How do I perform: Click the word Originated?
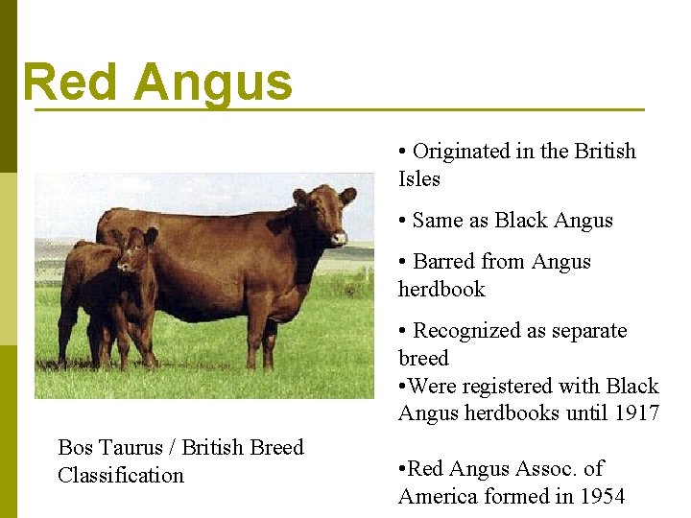[461, 152]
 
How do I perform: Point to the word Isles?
[419, 179]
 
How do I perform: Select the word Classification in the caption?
[121, 476]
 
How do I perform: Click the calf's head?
[136, 248]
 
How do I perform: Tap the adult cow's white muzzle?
[339, 236]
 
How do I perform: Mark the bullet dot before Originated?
[403, 153]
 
